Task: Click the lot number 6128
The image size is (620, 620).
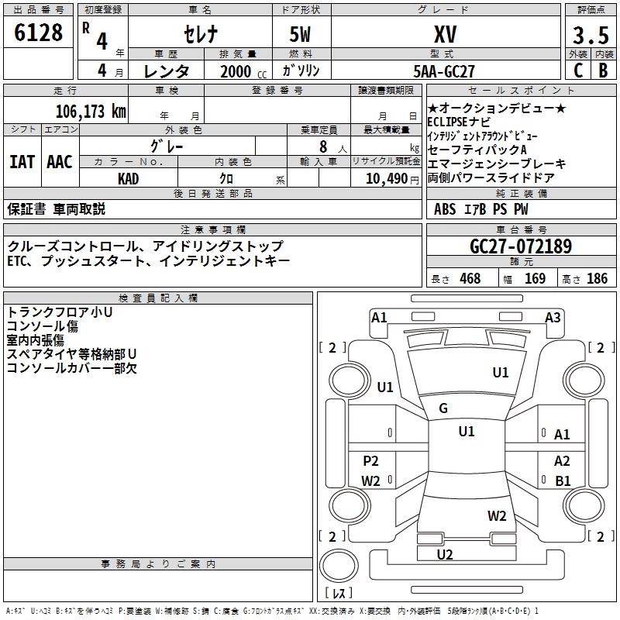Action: pyautogui.click(x=40, y=33)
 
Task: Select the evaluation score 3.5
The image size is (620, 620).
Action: pyautogui.click(x=589, y=36)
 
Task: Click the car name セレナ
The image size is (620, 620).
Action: pyautogui.click(x=201, y=35)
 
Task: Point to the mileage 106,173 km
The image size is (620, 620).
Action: pyautogui.click(x=91, y=111)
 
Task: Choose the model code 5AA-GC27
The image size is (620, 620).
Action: pyautogui.click(x=444, y=71)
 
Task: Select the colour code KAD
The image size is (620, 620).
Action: pyautogui.click(x=129, y=178)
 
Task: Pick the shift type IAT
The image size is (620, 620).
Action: pyautogui.click(x=22, y=162)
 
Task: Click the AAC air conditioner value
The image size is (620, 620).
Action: pyautogui.click(x=60, y=162)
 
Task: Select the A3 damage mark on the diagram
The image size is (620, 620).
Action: pyautogui.click(x=553, y=317)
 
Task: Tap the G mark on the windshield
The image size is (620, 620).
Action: pyautogui.click(x=443, y=408)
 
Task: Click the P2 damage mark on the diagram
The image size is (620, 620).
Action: pyautogui.click(x=371, y=461)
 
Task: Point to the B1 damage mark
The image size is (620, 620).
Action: pyautogui.click(x=563, y=480)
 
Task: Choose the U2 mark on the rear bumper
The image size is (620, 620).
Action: pyautogui.click(x=445, y=554)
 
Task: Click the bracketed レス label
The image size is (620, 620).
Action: pyautogui.click(x=339, y=594)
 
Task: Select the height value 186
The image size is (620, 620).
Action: pyautogui.click(x=597, y=279)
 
